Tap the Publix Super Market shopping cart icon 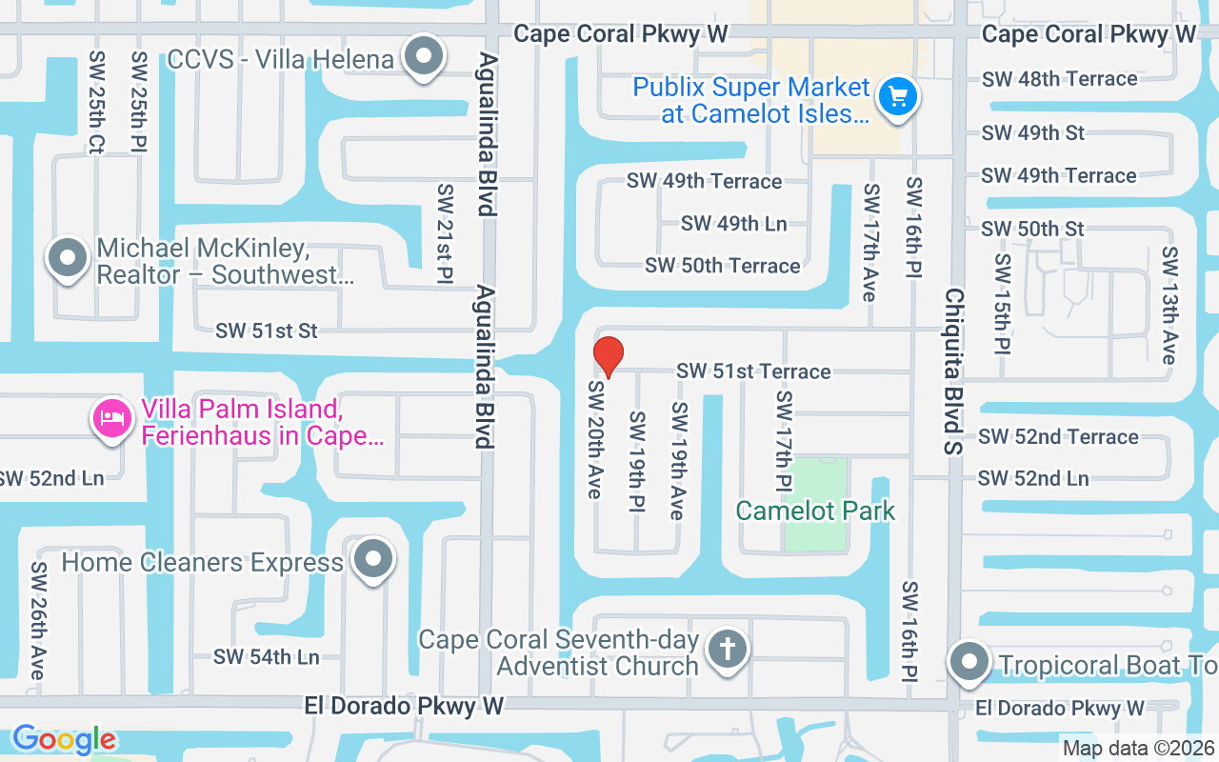[897, 96]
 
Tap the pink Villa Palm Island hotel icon [112, 419]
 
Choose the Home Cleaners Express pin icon [371, 560]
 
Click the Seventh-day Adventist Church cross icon [727, 651]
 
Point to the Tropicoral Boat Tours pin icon [969, 662]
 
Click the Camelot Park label [815, 511]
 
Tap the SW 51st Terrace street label [753, 371]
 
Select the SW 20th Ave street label [595, 439]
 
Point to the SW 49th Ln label [733, 224]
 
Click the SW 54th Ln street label [267, 657]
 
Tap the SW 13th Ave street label [1169, 305]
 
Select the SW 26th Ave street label [37, 620]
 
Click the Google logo [64, 739]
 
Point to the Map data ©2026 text [1138, 749]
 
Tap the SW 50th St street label [1032, 229]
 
